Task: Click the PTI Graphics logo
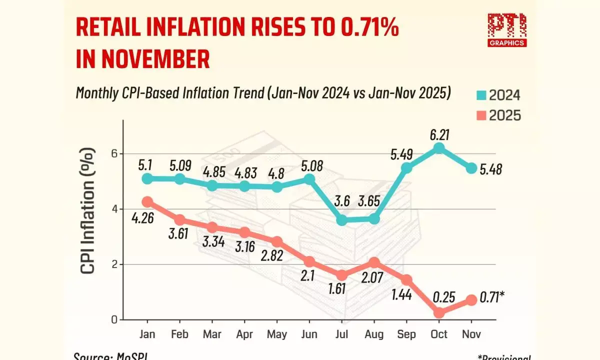(506, 29)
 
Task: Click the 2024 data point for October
(439, 148)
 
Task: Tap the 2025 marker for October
(439, 312)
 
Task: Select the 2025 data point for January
(147, 202)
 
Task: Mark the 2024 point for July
(342, 220)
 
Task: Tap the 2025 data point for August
(374, 262)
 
